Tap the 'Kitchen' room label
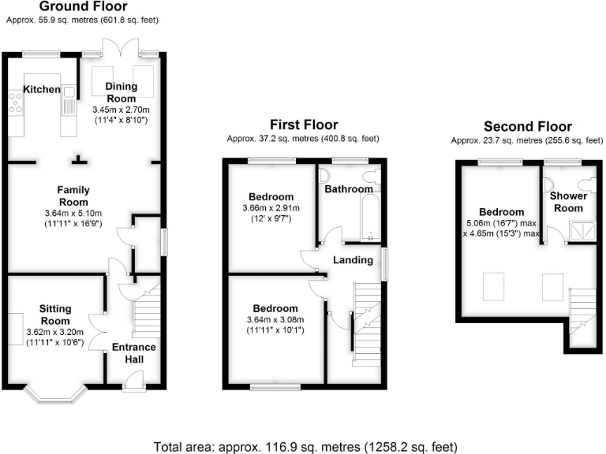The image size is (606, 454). [x=41, y=90]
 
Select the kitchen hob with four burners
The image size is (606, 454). [x=15, y=102]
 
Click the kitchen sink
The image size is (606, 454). [x=69, y=99]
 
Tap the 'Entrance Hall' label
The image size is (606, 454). [x=133, y=353]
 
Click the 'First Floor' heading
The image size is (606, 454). [x=304, y=125]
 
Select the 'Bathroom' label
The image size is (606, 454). [x=348, y=189]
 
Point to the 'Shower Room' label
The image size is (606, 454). [x=567, y=202]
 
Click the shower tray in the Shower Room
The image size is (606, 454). [x=582, y=229]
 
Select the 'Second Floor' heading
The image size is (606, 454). [x=527, y=127]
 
